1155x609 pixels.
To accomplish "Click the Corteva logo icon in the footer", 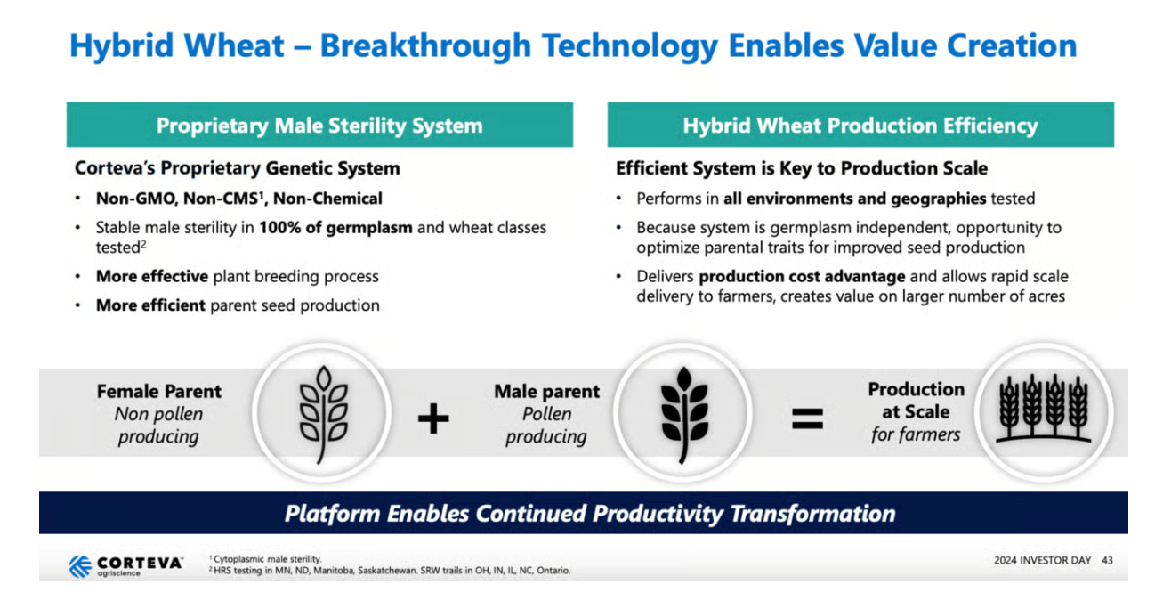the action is pos(80,566).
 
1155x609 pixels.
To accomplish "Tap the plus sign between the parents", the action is pos(433,418).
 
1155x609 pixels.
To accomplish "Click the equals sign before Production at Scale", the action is pos(807,418).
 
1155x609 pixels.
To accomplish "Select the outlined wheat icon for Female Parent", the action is pos(323,414).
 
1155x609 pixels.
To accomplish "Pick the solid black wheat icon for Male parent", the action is pos(684,414).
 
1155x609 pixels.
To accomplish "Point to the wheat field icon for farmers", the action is pos(1043,409).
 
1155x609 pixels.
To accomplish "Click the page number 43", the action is pos(1107,560).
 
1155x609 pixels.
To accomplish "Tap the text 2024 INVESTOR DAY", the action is pos(1042,560).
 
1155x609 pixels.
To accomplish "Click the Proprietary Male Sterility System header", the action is pos(319,126).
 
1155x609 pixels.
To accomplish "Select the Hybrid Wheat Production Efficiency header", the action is pos(860,126).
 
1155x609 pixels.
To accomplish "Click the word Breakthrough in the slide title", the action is pos(425,45).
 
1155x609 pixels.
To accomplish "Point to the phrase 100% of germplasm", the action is pos(335,228).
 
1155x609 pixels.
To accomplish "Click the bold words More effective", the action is pos(152,276).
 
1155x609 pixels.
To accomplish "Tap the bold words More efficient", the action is pos(150,305).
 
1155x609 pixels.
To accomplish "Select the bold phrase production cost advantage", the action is pos(802,277).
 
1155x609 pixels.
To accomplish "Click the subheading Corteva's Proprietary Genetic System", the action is pos(238,168).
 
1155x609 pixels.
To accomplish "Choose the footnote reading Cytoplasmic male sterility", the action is pos(265,559).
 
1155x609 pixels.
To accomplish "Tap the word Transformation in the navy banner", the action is pos(812,514).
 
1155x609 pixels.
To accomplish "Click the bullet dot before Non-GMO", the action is pos(77,199).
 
